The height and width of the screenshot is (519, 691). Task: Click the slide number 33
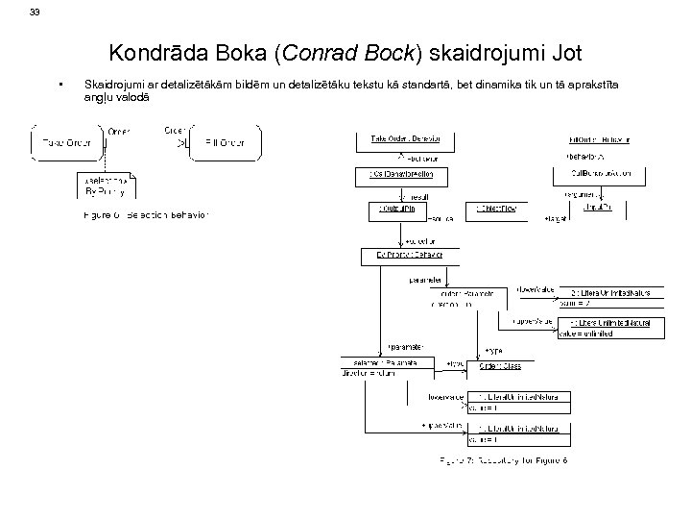pos(36,12)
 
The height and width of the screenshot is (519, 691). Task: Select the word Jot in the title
pos(566,52)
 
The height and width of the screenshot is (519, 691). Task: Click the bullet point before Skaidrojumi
pos(60,86)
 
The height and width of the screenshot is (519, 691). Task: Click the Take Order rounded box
pos(65,143)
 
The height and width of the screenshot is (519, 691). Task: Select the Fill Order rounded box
pos(225,143)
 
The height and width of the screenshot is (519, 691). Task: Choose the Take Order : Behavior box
pos(406,140)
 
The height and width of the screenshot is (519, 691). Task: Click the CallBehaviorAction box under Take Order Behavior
pos(401,174)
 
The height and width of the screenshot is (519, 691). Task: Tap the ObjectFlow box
pos(498,208)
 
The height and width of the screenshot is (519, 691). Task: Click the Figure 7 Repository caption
pos(504,460)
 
